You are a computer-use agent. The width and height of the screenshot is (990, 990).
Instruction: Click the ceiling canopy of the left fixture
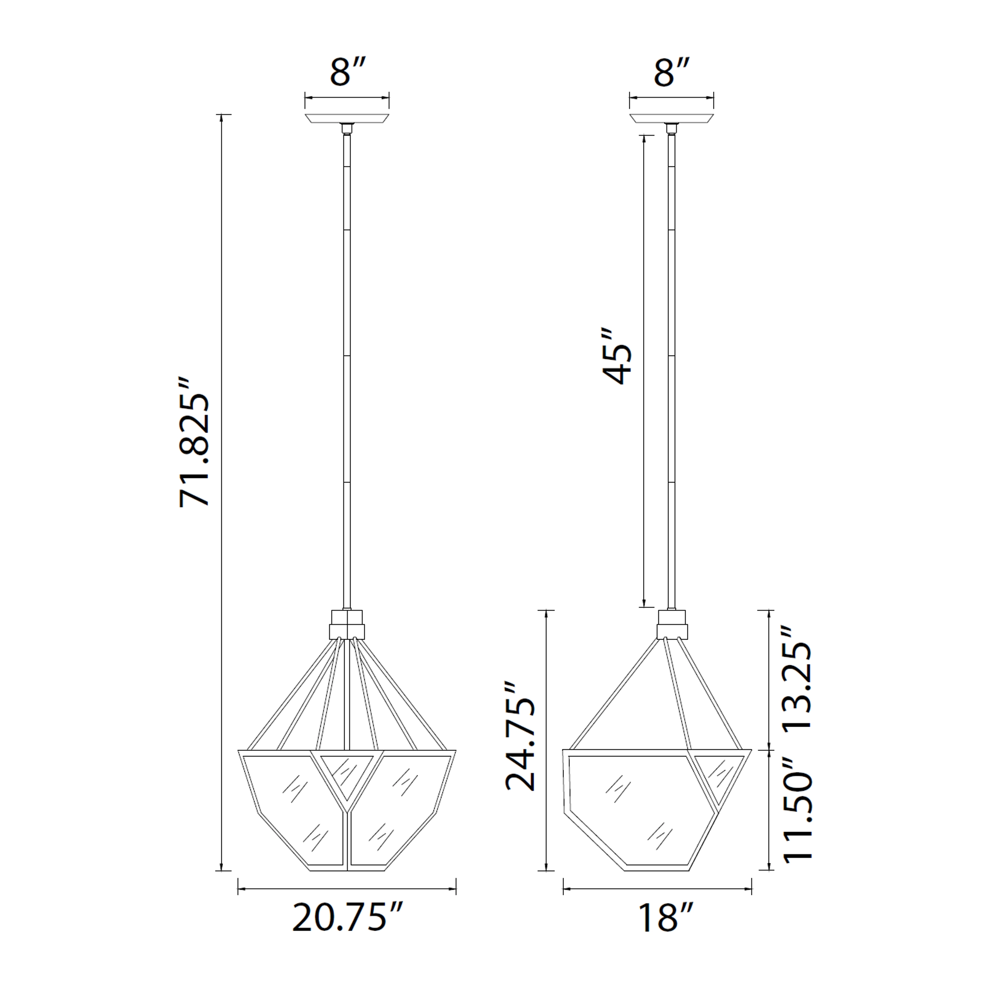tap(347, 118)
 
